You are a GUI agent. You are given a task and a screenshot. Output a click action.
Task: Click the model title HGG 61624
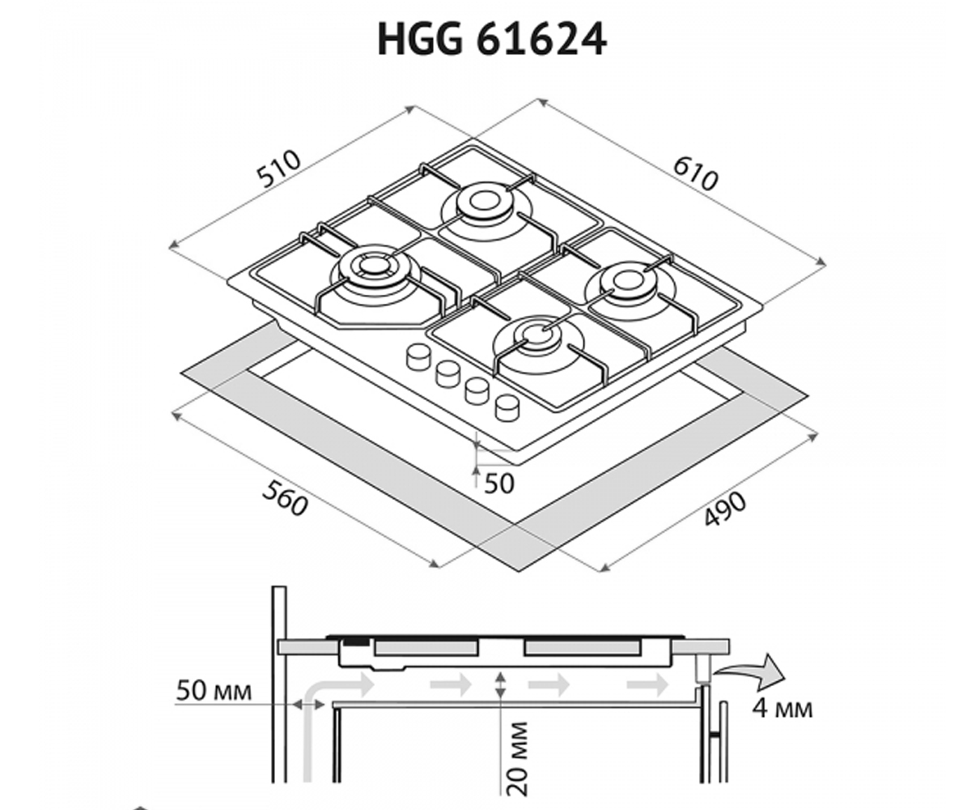[491, 40]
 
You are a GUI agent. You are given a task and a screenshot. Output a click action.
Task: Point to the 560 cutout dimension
[285, 498]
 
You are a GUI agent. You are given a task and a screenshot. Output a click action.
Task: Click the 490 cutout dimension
[726, 509]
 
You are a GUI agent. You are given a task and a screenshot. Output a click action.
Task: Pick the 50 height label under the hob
[499, 484]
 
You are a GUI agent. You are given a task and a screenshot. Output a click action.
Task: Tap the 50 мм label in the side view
[214, 691]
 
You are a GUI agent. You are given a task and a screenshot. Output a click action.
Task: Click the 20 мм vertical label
[517, 759]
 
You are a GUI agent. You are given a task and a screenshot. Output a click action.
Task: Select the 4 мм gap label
[782, 710]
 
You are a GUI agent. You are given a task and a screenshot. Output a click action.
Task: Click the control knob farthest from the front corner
[419, 357]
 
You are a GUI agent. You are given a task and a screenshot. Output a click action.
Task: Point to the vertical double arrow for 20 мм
[500, 684]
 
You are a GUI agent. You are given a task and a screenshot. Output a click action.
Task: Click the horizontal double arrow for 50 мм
[308, 706]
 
